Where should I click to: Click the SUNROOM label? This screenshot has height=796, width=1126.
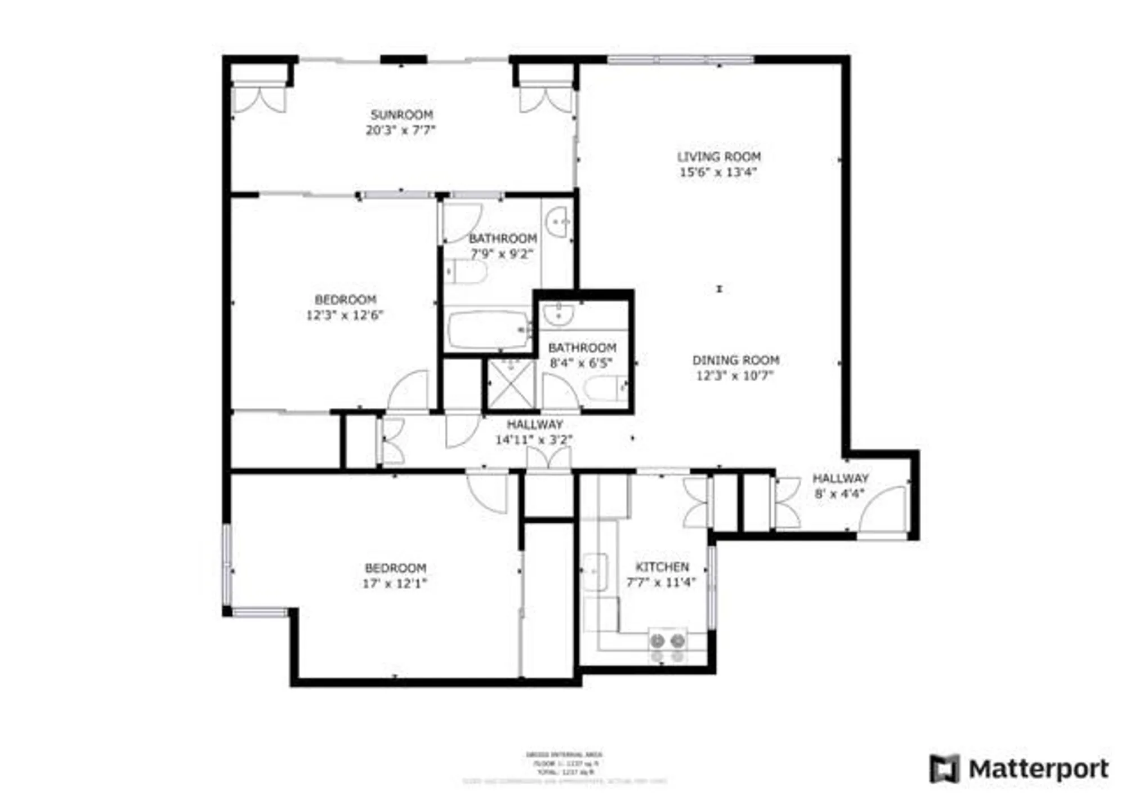[401, 115]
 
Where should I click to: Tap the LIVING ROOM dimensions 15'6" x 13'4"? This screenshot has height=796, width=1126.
[718, 172]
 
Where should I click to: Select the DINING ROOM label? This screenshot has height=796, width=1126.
[735, 360]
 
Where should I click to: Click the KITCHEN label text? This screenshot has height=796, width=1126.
[662, 567]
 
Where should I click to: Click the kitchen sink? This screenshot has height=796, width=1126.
[595, 572]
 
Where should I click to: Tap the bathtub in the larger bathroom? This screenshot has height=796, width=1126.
[488, 330]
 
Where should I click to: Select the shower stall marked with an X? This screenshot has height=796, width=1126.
[511, 384]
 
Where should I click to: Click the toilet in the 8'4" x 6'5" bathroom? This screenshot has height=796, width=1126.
[604, 388]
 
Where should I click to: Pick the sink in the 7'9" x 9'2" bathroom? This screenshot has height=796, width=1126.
[559, 223]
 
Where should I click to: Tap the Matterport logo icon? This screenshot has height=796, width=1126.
[944, 768]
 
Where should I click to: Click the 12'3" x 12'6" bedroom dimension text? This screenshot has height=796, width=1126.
[345, 315]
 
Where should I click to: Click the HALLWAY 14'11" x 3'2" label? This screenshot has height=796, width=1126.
[534, 432]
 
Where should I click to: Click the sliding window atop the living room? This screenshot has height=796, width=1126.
[681, 60]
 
